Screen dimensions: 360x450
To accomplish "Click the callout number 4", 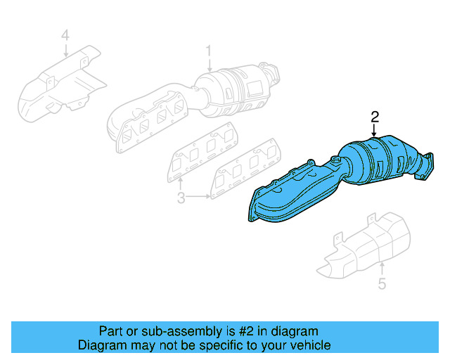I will click(x=65, y=34).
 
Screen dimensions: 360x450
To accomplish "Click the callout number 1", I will click(x=209, y=51).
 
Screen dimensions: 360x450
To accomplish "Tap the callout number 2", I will click(x=375, y=117).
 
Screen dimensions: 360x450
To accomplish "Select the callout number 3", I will click(x=181, y=199).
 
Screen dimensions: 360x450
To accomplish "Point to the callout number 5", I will click(x=382, y=284).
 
